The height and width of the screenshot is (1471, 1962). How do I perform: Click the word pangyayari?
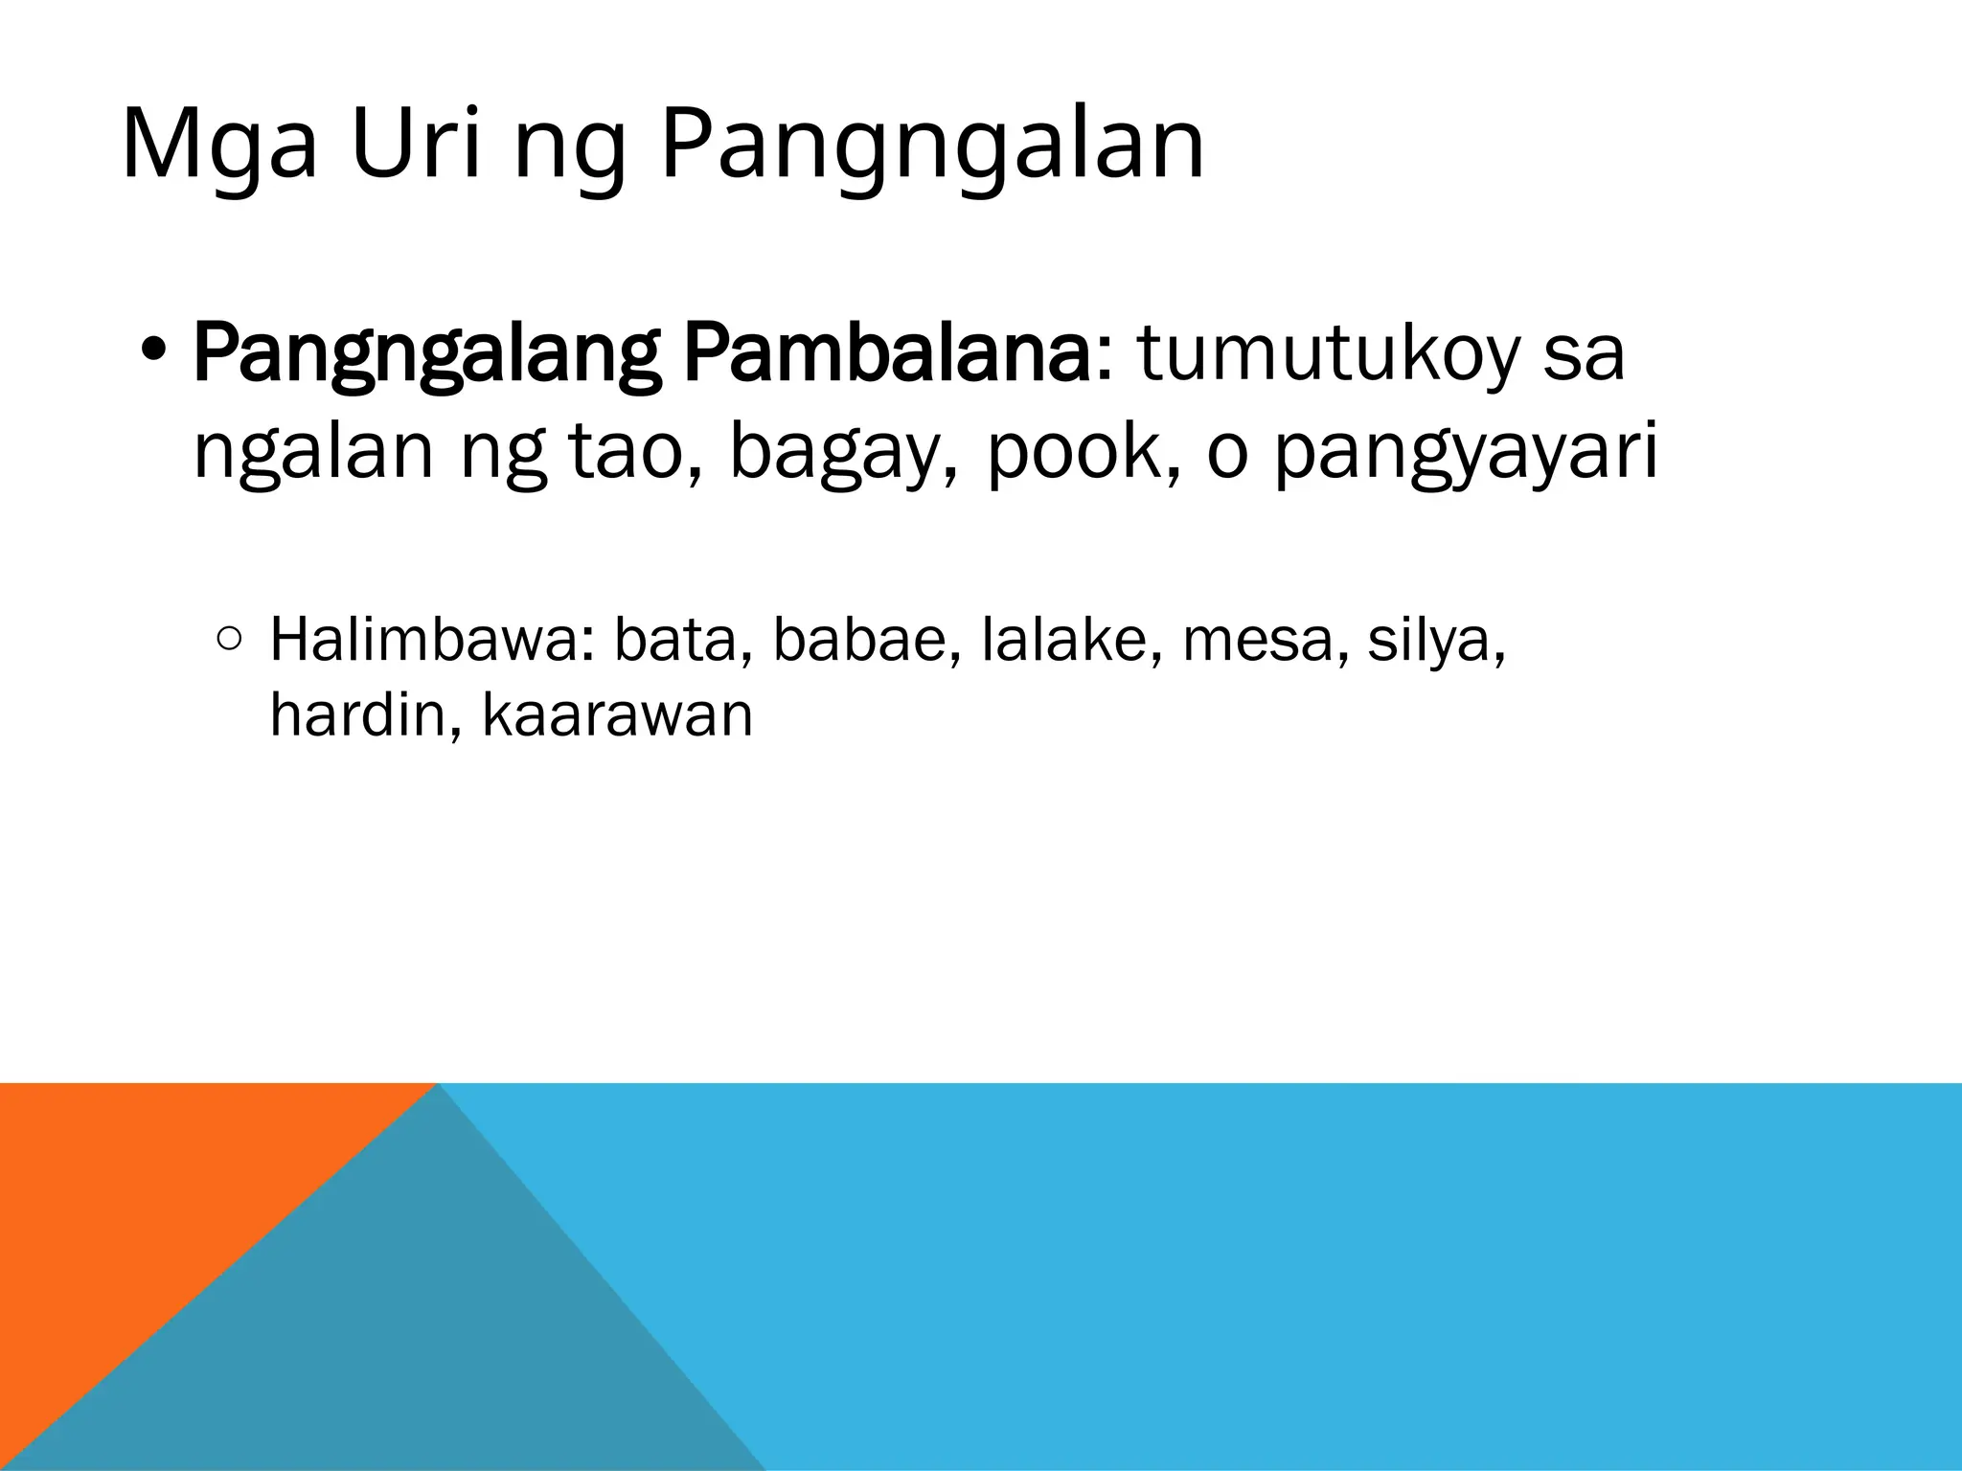coord(1466,458)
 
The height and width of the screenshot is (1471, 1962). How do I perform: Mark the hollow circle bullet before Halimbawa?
coord(229,640)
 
